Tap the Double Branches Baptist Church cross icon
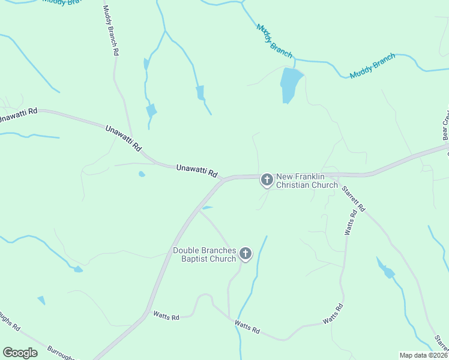[x=245, y=254]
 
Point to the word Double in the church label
[x=185, y=250]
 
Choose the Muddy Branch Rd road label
[x=110, y=31]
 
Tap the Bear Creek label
[x=445, y=125]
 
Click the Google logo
[x=20, y=353]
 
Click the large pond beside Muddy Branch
[x=290, y=84]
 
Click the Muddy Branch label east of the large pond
[x=373, y=65]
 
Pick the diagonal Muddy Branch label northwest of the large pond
[x=274, y=40]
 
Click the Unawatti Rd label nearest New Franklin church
[x=196, y=170]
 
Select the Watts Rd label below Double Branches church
[x=247, y=327]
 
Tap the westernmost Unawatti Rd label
[x=19, y=115]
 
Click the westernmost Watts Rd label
[x=166, y=316]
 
